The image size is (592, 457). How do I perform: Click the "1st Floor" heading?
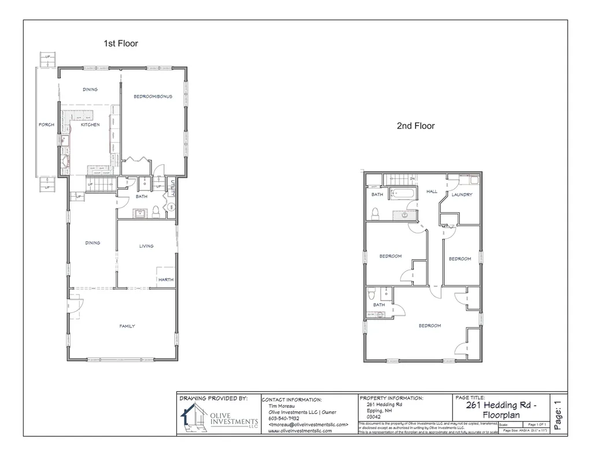(x=120, y=43)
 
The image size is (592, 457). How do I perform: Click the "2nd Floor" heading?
(x=415, y=126)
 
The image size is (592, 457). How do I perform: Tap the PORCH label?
(x=46, y=125)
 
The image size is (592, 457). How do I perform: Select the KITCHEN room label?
(x=90, y=125)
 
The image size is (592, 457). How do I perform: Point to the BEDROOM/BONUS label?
(x=153, y=96)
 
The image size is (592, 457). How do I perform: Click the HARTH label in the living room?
(x=165, y=281)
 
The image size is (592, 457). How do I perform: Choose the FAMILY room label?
(x=127, y=326)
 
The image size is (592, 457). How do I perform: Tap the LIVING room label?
(x=146, y=246)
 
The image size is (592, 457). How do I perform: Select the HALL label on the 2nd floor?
(x=432, y=191)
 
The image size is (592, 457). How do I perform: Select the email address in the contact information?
(x=308, y=425)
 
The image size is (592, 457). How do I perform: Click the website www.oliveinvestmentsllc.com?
(x=299, y=432)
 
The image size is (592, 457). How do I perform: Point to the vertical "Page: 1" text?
(x=557, y=415)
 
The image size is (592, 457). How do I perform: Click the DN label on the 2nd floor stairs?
(x=412, y=179)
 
